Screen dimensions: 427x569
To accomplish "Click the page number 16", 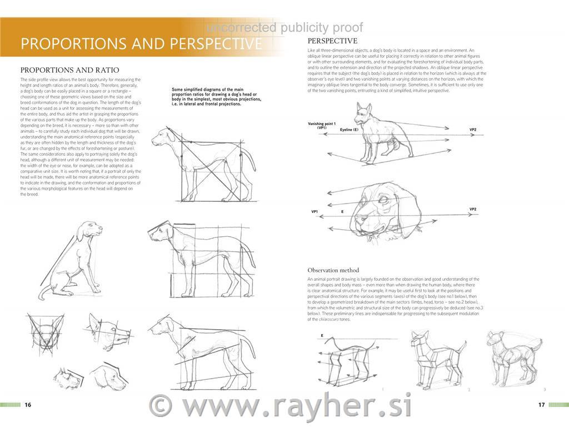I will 28,405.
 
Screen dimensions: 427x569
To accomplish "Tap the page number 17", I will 541,405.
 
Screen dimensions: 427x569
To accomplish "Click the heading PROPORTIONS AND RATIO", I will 69,70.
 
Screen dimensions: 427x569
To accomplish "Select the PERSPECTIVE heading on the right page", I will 332,41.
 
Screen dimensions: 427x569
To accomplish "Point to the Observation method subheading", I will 333,270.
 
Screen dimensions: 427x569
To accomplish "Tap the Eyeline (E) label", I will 350,129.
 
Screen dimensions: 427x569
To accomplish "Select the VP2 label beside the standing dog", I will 473,130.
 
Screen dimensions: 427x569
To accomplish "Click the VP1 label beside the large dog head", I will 315,212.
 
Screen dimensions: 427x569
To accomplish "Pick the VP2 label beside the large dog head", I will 473,209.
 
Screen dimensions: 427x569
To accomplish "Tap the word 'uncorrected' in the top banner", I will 241,28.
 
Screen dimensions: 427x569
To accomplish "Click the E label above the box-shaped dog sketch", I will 322,336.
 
